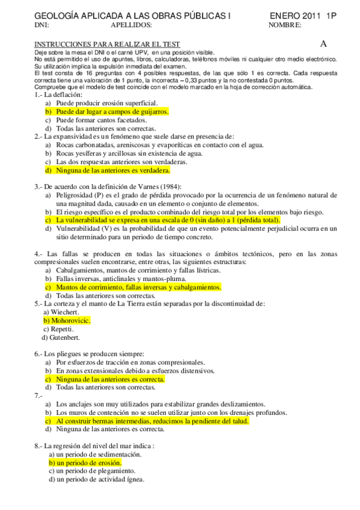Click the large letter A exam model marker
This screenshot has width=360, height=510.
coord(323,43)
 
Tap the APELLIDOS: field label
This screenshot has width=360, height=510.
coord(132,25)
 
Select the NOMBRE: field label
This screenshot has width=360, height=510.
coord(285,25)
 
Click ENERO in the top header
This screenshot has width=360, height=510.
coord(284,16)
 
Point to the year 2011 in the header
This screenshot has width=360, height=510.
coord(313,16)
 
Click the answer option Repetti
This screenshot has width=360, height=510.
coord(62,329)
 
